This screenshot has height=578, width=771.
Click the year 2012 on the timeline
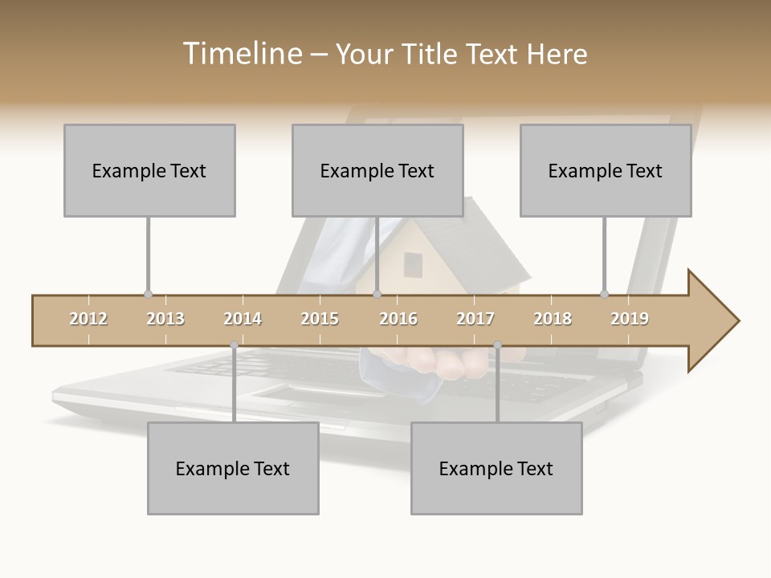point(88,320)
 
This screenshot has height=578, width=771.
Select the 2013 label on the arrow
point(165,320)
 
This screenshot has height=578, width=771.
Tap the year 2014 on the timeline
point(243,320)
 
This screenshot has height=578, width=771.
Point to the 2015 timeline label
point(320,320)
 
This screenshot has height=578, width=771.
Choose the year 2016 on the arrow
point(398,320)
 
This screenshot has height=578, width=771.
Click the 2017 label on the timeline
point(475,320)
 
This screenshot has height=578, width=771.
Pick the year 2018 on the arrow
point(553,320)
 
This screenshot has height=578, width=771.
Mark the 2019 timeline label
point(630,320)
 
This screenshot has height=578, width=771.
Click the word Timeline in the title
point(241,54)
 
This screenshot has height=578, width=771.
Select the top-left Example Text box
point(149,170)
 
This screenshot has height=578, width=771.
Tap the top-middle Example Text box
point(377,170)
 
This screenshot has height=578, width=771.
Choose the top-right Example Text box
point(606,170)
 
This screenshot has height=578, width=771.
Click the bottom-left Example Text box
point(233,468)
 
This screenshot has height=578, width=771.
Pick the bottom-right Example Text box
point(496,468)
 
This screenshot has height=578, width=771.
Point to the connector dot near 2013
point(148,295)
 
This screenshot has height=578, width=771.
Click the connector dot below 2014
point(234,345)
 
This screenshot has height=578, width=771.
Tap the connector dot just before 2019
point(604,295)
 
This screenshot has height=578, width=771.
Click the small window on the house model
point(413,264)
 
